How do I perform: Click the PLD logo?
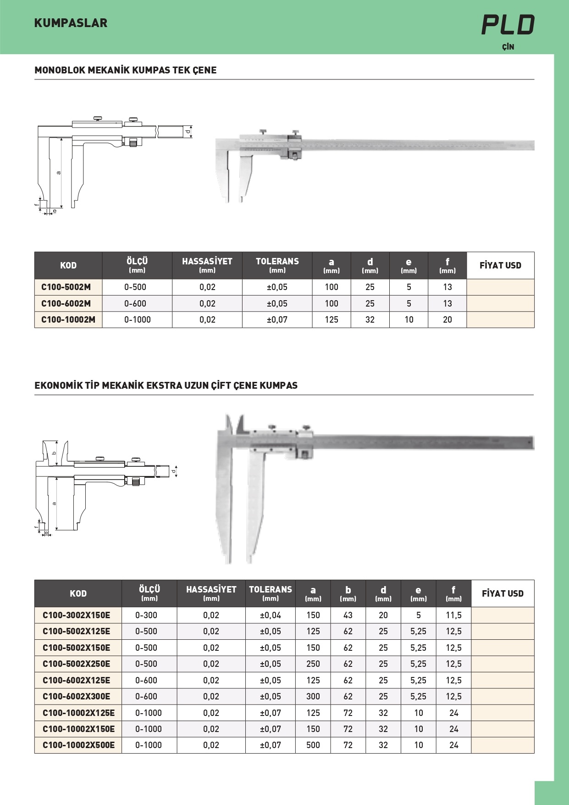(x=508, y=25)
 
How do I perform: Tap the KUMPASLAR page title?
(x=71, y=23)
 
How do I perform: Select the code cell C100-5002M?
(x=66, y=287)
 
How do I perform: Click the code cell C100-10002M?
(x=68, y=320)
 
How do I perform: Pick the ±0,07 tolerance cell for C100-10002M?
(x=277, y=320)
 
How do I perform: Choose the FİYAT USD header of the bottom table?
(x=503, y=593)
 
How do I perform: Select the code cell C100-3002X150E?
(x=77, y=615)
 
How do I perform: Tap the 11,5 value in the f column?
(x=453, y=615)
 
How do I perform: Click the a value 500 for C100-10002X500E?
(x=313, y=745)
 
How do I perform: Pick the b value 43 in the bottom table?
(x=348, y=615)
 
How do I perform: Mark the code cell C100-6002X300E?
(x=77, y=697)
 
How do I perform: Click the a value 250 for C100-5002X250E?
(x=313, y=664)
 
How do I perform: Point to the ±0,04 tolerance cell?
(x=271, y=615)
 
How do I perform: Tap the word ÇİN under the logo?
(x=508, y=47)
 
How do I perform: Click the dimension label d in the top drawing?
(x=188, y=132)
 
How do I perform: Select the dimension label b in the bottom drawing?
(x=54, y=453)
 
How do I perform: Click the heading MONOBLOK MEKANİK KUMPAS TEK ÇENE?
(x=126, y=70)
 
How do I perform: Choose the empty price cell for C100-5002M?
(x=500, y=287)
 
